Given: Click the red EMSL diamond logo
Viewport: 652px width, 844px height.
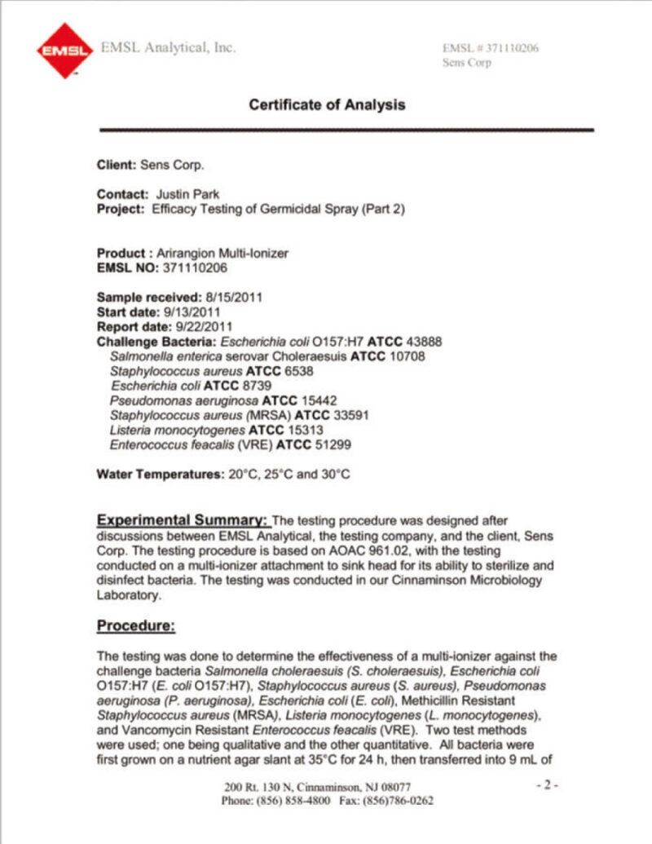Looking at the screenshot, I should tap(64, 50).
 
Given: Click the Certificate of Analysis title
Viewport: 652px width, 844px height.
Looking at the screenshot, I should tap(327, 104).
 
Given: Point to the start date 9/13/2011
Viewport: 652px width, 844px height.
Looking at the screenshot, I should tap(192, 312).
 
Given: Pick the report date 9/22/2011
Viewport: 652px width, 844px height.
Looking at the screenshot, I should tap(200, 326).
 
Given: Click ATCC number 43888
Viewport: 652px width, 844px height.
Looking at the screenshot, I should tap(422, 341).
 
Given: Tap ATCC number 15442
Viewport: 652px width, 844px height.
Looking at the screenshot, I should tap(319, 400).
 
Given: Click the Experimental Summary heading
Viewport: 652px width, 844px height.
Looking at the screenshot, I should tap(182, 520).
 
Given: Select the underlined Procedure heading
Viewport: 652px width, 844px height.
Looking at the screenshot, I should tap(136, 625).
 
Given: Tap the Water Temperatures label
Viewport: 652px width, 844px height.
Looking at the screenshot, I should tap(159, 475).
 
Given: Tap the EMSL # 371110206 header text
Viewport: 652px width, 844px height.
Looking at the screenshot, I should tap(490, 48).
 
